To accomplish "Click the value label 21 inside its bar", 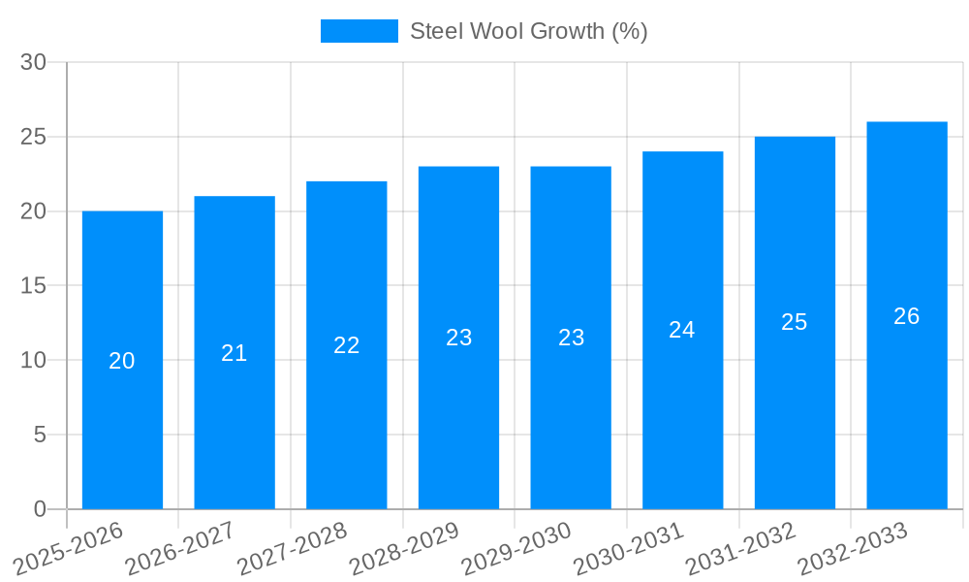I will point(234,353).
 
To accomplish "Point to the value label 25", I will point(795,323).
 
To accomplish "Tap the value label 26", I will point(906,316).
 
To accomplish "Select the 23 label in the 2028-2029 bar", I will point(458,338).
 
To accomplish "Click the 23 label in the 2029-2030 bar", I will point(571,338).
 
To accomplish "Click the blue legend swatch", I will point(359,31).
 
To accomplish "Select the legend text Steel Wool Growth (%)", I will point(528,31).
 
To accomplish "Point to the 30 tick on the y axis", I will point(33,62).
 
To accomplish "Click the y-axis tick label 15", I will point(33,286).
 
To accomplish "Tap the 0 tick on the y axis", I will point(40,509).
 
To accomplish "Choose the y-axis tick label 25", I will point(33,137).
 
